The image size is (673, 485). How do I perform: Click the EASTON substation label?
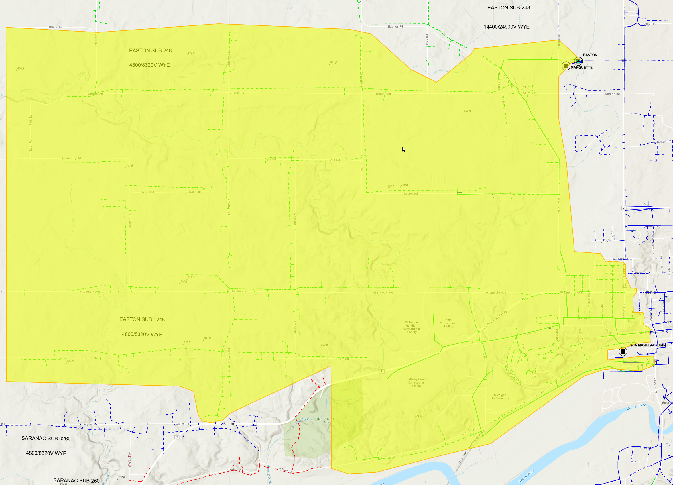590,55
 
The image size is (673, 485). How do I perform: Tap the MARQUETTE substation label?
581,68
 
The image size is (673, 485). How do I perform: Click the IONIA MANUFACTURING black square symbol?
623,352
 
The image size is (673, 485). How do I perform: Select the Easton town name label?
229,424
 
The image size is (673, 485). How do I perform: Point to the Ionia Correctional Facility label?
448,323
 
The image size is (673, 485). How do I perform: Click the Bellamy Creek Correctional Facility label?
416,383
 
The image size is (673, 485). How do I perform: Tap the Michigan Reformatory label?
500,397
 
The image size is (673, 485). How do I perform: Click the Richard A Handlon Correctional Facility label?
411,327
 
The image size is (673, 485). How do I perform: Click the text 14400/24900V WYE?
506,27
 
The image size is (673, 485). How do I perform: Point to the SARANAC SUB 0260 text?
46,438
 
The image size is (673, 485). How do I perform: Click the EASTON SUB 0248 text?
142,319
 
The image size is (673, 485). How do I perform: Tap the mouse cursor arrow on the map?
404,149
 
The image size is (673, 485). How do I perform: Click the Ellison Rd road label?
56,27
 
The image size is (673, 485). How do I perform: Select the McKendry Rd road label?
71,158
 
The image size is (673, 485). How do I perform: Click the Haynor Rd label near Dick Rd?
395,27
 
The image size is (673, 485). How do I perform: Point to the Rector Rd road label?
410,194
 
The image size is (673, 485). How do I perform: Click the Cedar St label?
649,24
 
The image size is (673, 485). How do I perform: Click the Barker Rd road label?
130,221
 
